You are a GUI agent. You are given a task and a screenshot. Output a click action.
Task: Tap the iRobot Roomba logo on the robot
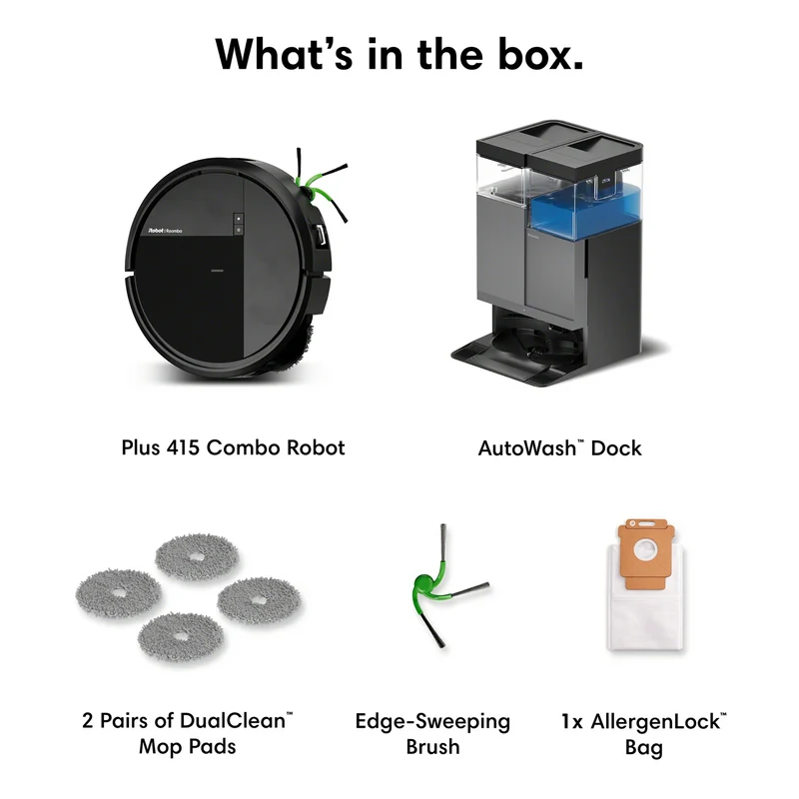point(165,231)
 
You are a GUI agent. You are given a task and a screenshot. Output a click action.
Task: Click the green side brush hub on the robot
point(309,193)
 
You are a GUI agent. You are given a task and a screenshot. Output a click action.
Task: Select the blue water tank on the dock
point(585,211)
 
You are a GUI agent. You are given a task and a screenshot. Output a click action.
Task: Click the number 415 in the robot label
point(183,447)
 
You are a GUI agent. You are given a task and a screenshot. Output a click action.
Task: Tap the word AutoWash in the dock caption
point(527,447)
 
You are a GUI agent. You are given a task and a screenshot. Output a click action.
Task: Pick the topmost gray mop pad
point(197,556)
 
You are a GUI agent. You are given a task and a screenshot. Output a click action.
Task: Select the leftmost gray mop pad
point(118,593)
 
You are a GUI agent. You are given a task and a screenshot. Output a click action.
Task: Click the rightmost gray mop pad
point(259,601)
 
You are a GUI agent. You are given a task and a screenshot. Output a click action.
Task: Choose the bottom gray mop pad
point(181,636)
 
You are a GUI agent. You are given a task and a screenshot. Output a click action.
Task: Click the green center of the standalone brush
point(423,582)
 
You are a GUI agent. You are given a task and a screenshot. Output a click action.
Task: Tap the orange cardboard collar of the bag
point(645,554)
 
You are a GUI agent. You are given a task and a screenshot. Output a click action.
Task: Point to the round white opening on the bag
point(646,552)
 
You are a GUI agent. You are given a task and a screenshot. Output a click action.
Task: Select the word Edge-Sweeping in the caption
point(432,722)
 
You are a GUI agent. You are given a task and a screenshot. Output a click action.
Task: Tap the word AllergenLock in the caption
point(655,722)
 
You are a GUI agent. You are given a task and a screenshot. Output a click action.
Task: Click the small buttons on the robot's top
point(239,224)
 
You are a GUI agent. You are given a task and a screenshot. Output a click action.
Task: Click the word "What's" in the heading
point(284,54)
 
